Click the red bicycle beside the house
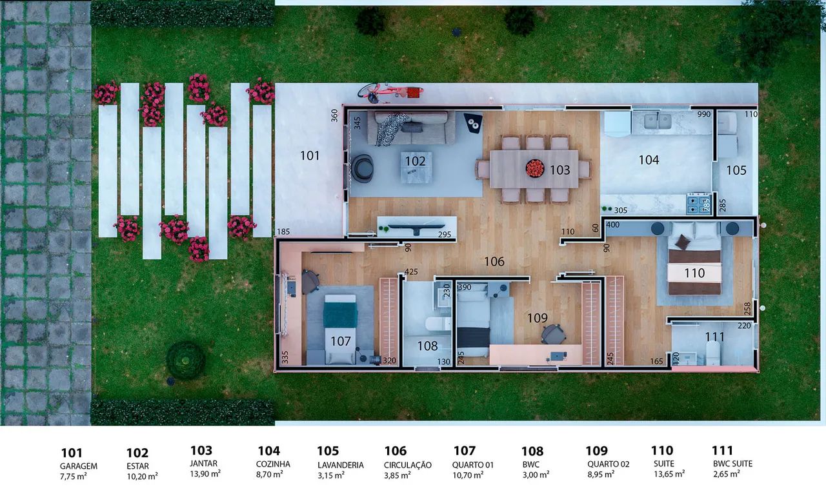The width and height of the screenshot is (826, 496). (390, 92)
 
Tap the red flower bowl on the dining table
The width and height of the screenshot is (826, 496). (535, 168)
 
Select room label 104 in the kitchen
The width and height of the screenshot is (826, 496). (649, 160)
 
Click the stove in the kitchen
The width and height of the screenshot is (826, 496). (699, 203)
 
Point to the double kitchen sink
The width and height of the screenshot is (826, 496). (658, 121)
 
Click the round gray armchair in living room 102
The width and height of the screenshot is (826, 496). (362, 168)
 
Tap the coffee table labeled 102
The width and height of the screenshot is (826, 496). (416, 167)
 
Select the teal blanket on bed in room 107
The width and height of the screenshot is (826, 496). (340, 314)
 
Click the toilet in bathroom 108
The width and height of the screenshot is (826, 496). (438, 324)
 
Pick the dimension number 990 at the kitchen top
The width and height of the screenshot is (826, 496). (703, 114)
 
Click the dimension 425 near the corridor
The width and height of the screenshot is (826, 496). (411, 272)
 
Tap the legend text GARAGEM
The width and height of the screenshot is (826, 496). (79, 466)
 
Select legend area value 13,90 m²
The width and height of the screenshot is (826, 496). (205, 473)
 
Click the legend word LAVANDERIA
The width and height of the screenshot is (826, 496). (340, 465)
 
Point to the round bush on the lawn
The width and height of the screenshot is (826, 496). (185, 360)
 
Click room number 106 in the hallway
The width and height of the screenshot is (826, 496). (494, 262)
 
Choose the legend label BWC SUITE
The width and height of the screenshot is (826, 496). (732, 464)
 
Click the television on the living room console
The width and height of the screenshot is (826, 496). (416, 228)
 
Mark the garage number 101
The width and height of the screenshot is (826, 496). (310, 156)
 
